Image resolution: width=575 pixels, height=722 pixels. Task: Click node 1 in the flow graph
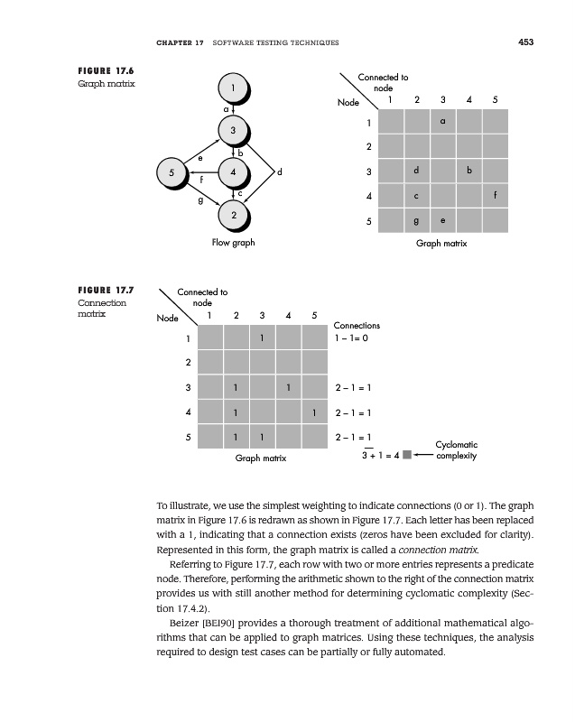pos(233,88)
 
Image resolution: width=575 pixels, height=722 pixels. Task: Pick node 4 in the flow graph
pos(233,171)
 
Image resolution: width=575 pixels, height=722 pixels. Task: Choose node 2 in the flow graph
pos(233,215)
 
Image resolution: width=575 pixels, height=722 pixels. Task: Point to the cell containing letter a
pos(442,121)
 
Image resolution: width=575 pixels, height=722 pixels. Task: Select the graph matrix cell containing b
pos(469,171)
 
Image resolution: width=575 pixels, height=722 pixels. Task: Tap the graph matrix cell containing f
pos(496,195)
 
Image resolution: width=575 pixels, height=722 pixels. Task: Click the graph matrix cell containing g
pos(416,220)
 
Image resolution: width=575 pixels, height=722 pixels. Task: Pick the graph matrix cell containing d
pos(416,171)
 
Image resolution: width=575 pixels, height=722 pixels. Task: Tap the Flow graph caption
pos(233,243)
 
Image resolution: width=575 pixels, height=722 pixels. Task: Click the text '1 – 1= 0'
pos(352,339)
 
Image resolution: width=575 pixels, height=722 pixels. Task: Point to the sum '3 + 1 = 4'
pos(380,455)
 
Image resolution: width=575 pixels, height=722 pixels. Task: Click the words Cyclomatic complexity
pos(456,449)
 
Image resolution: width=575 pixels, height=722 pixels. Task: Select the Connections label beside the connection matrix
pos(357,325)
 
